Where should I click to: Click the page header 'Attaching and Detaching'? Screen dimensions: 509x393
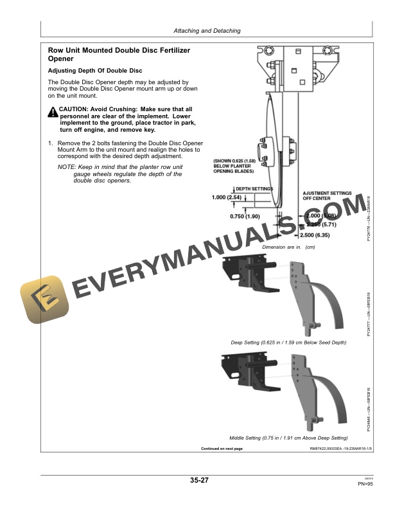(x=207, y=30)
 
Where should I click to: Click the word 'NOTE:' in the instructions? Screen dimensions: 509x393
(x=67, y=166)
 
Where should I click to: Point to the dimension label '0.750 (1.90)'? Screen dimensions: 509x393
(x=245, y=216)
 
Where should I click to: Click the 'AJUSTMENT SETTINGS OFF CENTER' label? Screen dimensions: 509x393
(x=327, y=195)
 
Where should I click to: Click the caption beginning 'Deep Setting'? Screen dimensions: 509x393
(x=288, y=343)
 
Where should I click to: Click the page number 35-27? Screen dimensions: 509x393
(x=199, y=480)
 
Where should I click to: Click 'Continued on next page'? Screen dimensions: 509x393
(x=222, y=448)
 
